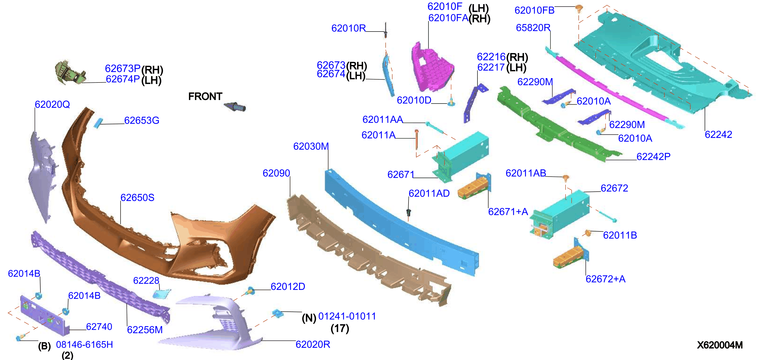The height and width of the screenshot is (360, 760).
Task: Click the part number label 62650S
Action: (137, 197)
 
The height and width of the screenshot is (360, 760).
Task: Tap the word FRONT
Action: (205, 96)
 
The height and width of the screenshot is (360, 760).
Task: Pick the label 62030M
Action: (311, 146)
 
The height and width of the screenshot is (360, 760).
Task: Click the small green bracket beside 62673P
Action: (70, 72)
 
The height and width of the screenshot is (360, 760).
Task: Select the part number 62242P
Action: (653, 156)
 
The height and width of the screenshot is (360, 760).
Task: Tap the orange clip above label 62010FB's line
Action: (579, 8)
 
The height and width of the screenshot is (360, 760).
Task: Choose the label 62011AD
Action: (429, 193)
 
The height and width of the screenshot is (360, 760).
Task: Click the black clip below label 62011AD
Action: (409, 212)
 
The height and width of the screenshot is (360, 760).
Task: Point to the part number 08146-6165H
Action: (84, 344)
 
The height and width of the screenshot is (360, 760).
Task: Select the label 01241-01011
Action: (347, 316)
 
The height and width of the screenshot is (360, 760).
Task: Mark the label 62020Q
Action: (52, 104)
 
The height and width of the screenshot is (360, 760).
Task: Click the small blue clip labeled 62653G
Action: (98, 123)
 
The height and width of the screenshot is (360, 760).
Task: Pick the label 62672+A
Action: (605, 279)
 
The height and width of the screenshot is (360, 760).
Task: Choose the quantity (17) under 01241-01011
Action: (340, 328)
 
